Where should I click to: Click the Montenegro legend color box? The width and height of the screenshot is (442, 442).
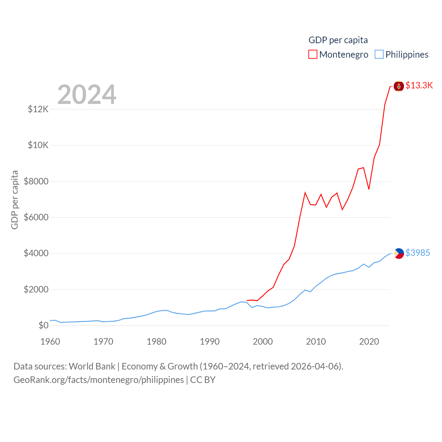click(x=313, y=55)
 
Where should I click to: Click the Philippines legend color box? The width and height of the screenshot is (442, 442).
click(x=379, y=55)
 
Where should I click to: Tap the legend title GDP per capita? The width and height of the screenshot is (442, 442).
click(x=338, y=40)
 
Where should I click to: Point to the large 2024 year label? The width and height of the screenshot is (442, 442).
click(x=87, y=94)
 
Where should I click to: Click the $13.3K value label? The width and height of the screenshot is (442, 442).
click(x=419, y=85)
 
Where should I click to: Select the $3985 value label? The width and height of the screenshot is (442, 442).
click(x=417, y=253)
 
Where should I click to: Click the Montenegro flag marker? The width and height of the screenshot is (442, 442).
click(x=399, y=86)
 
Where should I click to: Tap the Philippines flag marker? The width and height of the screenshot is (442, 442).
click(x=399, y=253)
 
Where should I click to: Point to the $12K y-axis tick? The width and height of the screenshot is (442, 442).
click(x=38, y=109)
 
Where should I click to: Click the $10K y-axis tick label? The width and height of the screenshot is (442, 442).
click(x=38, y=145)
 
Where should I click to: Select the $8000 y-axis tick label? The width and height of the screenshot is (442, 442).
click(x=36, y=181)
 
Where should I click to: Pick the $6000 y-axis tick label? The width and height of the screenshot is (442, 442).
click(x=36, y=217)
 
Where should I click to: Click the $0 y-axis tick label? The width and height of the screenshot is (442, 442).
click(x=43, y=325)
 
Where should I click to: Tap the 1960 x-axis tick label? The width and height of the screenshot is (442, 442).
click(x=50, y=342)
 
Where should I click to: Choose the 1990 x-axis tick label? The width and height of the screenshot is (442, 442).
click(x=210, y=342)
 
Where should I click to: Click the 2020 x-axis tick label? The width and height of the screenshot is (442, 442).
click(x=369, y=342)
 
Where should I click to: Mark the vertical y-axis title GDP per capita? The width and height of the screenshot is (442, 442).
click(x=15, y=200)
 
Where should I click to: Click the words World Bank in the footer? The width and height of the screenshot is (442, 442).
click(x=92, y=366)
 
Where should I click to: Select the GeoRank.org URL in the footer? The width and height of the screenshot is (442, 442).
click(x=98, y=380)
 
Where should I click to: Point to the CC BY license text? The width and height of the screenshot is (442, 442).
click(x=203, y=380)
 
